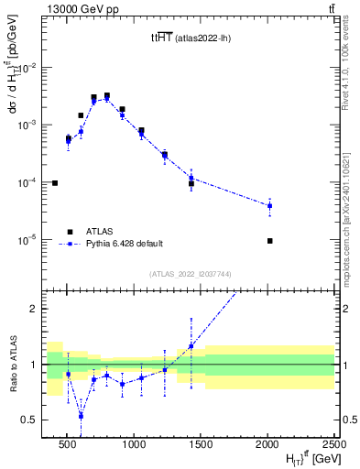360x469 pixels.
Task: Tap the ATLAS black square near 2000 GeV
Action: coord(269,241)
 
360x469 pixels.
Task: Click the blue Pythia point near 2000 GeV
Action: coord(269,206)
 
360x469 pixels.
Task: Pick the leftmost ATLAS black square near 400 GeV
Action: coord(55,183)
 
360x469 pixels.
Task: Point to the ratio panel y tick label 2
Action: coord(38,309)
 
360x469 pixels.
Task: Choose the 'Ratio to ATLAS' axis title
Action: coord(14,364)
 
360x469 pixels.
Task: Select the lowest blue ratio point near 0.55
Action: coord(81,415)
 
